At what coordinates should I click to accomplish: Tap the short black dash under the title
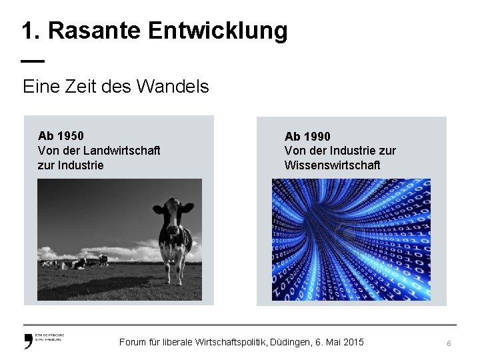32,61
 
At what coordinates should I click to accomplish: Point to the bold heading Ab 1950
61,137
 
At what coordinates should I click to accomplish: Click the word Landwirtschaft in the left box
122,151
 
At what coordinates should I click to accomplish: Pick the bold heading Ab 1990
307,137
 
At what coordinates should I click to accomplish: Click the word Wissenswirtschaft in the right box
332,165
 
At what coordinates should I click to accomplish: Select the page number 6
449,343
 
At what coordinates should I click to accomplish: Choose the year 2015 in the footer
353,342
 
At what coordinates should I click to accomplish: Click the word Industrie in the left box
81,165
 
